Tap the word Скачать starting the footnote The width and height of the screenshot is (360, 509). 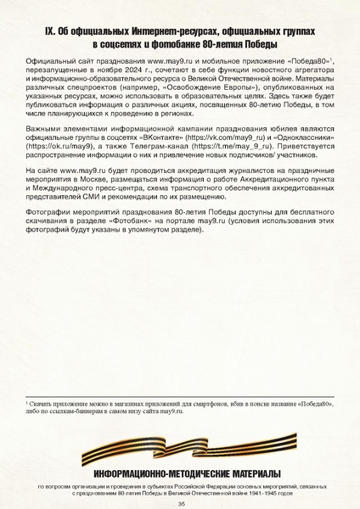tap(41, 406)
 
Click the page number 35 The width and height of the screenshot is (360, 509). tap(181, 502)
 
